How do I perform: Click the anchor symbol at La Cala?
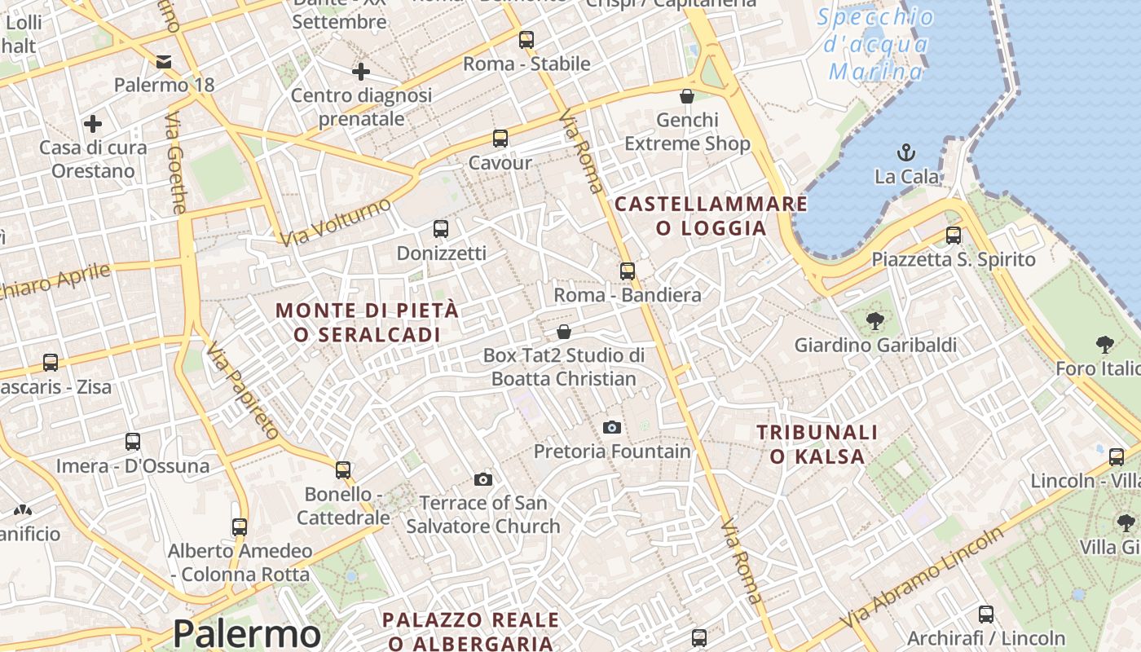[905, 152]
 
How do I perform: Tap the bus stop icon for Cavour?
[500, 139]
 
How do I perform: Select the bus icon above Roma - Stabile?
[526, 39]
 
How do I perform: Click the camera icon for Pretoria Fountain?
[611, 427]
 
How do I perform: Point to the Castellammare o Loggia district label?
[711, 216]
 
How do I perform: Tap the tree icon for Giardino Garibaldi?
[875, 321]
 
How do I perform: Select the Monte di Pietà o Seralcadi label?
[367, 322]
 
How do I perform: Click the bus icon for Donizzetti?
[441, 229]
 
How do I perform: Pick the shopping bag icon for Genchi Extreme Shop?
[687, 96]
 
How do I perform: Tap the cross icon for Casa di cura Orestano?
[93, 124]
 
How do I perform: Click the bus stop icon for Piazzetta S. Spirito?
[954, 236]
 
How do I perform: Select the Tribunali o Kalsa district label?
[817, 444]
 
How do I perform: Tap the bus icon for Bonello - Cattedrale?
[343, 470]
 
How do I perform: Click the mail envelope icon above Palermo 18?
[164, 61]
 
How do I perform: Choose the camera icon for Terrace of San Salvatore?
[483, 479]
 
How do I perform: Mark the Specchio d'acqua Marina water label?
[876, 44]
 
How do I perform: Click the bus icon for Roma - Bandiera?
[628, 271]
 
